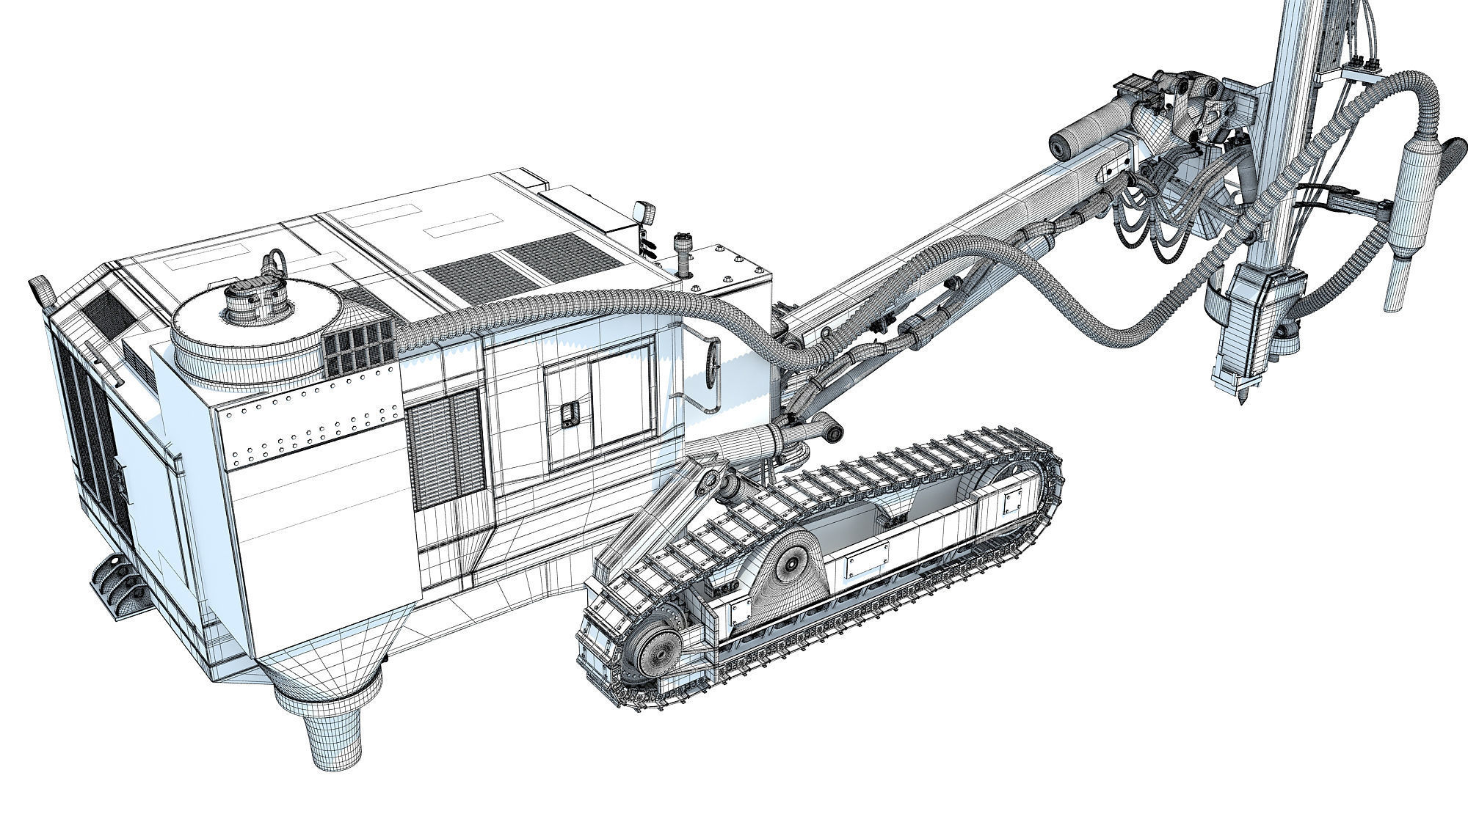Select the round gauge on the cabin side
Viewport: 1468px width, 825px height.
click(x=711, y=362)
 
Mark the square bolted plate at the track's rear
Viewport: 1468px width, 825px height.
click(x=1013, y=504)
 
